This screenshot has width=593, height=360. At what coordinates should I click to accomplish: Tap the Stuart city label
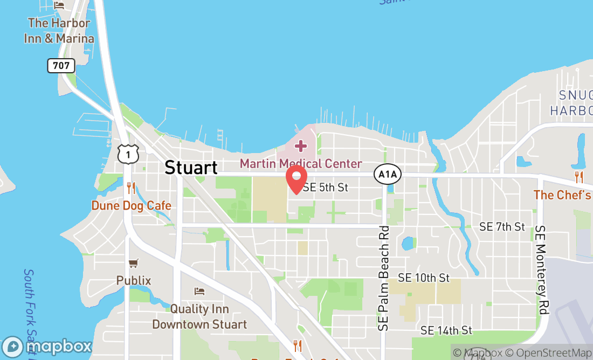191,167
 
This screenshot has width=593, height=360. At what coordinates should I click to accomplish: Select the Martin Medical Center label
300,163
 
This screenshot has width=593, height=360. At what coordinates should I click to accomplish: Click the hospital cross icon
300,146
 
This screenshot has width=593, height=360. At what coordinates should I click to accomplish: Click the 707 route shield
61,66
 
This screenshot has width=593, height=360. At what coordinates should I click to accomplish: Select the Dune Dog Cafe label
131,205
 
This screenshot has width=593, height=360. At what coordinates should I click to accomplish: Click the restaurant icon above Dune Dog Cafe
131,188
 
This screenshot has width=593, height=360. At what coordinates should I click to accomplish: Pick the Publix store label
134,281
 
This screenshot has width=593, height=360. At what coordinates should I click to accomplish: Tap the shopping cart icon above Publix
134,264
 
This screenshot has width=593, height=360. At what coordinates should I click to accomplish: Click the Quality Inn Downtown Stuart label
199,317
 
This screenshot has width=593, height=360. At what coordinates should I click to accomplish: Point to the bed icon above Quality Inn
199,291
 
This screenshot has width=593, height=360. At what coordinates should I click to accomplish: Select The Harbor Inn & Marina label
59,31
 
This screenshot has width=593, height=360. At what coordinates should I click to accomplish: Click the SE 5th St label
326,188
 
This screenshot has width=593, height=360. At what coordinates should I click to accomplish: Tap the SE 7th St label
502,227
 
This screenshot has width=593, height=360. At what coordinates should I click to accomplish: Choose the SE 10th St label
424,278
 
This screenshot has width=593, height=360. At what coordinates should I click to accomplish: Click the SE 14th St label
446,330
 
